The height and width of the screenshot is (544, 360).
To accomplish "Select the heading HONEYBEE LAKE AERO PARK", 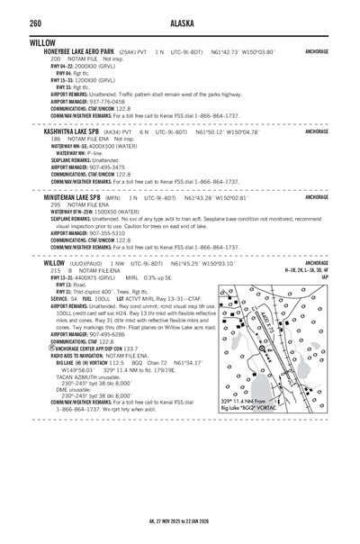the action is [79, 52].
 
